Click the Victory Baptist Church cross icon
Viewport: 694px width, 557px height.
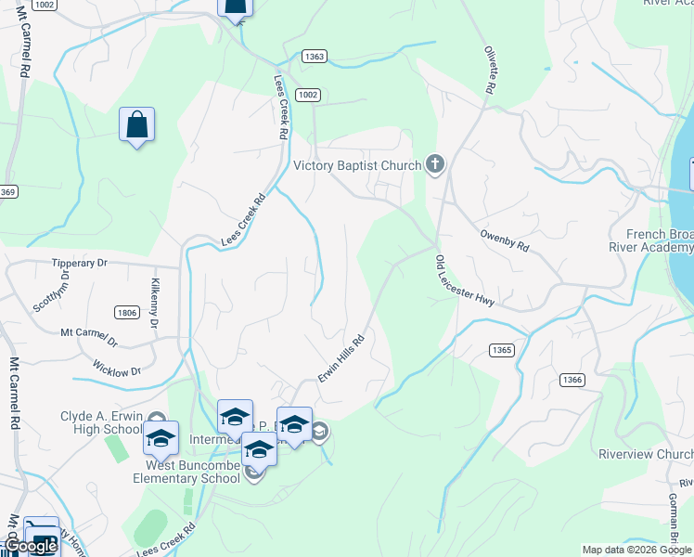coord(434,166)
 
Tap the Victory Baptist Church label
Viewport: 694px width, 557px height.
coord(356,167)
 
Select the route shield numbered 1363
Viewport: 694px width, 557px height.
coord(314,57)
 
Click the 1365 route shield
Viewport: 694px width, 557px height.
coord(501,349)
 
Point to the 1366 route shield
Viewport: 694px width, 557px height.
coord(572,380)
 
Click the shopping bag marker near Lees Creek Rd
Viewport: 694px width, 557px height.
coord(136,125)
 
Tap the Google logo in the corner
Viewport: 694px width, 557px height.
coord(32,546)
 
